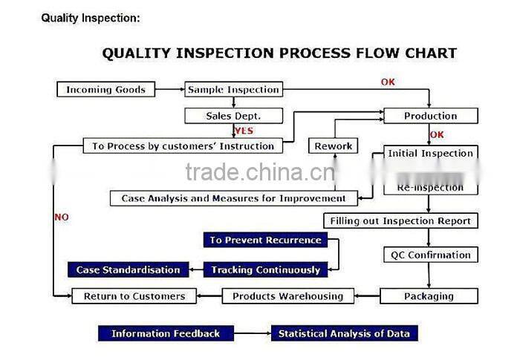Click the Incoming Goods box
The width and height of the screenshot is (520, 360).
pos(105,90)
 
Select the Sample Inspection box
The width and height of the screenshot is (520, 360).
pos(233,90)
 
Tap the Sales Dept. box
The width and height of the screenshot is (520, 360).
pos(233,116)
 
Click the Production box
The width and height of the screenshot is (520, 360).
pos(430,116)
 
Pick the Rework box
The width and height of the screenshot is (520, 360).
pos(333,146)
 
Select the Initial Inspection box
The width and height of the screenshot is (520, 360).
pos(430,154)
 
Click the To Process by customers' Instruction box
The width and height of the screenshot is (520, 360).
pos(183,146)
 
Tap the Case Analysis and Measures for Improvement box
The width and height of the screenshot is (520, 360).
pos(233,198)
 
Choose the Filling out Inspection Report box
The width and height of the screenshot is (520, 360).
pos(400,220)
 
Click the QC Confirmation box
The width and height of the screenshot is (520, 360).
pos(430,255)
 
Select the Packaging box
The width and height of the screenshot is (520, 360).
pos(429,296)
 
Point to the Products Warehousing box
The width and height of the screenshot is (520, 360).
pos(287,296)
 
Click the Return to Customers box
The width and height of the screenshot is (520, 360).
pos(134,296)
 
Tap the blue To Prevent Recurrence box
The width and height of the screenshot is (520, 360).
pos(265,240)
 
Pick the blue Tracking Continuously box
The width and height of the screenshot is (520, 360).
pos(265,269)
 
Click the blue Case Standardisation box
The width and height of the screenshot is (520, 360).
pos(128,269)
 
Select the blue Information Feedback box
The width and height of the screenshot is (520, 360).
pos(166,333)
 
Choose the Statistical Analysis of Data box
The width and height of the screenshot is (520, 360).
pos(344,333)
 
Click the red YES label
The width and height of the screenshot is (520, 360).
pos(244,131)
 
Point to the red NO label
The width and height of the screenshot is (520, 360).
pos(62,217)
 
